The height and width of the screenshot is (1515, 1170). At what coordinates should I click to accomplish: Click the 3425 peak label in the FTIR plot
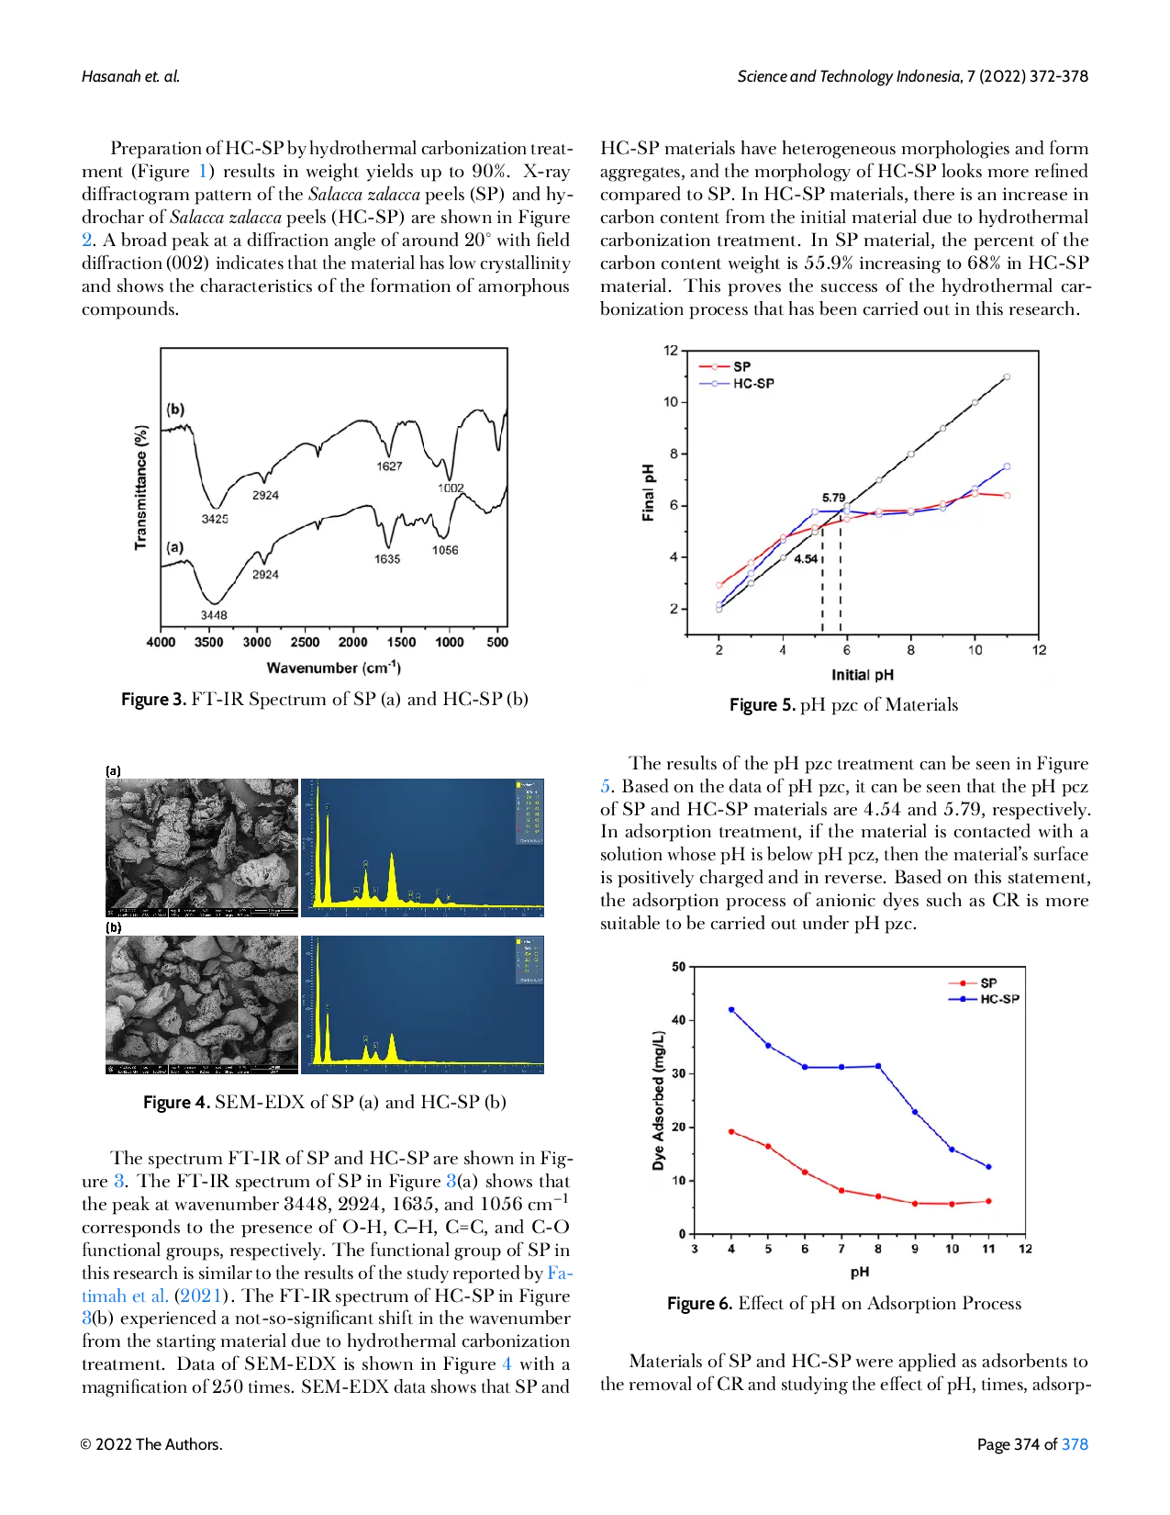(x=215, y=519)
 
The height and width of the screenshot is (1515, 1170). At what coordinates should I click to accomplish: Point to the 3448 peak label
(x=214, y=615)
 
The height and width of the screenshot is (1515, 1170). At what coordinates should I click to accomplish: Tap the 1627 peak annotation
(x=389, y=466)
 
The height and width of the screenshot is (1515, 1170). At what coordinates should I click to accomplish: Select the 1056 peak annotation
(x=445, y=550)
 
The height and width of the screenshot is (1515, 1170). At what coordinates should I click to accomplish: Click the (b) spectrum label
(x=175, y=410)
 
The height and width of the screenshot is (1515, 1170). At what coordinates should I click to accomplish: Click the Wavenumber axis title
(x=333, y=668)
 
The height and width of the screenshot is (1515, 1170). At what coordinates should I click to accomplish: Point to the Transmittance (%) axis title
(x=141, y=488)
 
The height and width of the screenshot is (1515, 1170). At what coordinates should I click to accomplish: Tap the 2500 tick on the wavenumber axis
(x=305, y=643)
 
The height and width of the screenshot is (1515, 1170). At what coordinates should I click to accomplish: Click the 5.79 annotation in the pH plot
(x=833, y=498)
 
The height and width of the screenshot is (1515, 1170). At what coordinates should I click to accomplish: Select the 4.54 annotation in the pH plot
(x=806, y=559)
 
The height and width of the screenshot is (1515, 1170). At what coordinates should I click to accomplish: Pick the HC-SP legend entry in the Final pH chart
(x=752, y=384)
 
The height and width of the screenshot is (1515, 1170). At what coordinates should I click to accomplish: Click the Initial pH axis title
(x=862, y=675)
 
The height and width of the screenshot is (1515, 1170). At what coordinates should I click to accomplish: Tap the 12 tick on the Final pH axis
(x=671, y=351)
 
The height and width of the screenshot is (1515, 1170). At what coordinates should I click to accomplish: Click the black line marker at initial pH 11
(x=1007, y=377)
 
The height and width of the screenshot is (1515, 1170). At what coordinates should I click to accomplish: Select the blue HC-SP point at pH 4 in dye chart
(x=731, y=1009)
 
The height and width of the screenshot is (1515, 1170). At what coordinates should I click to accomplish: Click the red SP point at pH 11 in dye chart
(x=988, y=1201)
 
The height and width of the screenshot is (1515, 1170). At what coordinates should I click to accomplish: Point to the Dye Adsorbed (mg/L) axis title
(x=658, y=1101)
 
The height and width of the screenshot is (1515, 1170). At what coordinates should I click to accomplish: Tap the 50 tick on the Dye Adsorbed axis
(x=679, y=967)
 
